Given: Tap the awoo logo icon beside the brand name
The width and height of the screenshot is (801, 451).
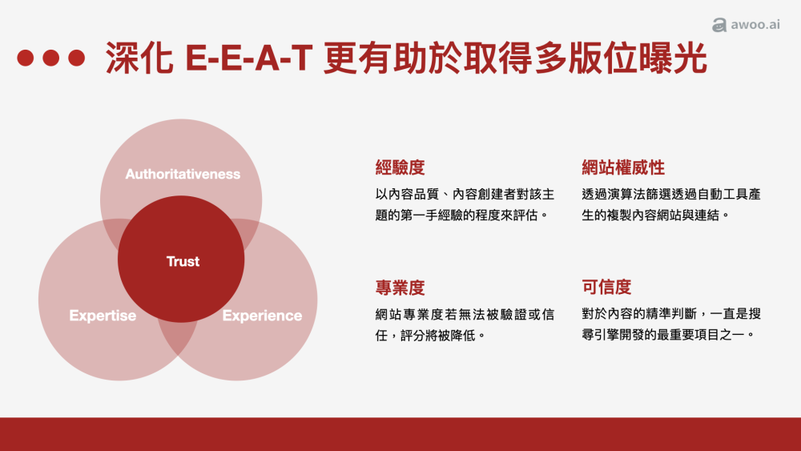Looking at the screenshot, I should coord(719,26).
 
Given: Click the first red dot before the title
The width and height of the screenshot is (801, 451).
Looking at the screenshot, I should coord(26,58).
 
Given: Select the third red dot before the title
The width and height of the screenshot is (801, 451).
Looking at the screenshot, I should coord(76,58).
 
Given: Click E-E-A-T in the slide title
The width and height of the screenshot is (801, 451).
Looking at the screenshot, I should coord(249,58).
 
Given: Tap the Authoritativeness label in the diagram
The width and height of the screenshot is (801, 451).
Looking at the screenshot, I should coord(183,174).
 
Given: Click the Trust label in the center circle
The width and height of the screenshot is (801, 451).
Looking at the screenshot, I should coord(183,261).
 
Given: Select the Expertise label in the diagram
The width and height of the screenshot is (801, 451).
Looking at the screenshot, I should coord(103,316).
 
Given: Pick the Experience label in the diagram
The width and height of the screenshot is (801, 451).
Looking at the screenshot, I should coord(262,316).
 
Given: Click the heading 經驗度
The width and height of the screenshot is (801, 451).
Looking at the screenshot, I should coord(400,167).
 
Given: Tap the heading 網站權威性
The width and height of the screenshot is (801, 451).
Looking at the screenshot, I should coord(623,167).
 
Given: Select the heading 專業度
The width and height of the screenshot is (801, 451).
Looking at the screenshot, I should coord(400,288).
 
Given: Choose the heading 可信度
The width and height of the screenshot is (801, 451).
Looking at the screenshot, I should coord(606,288).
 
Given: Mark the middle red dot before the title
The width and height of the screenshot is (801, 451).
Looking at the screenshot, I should coord(51,58).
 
